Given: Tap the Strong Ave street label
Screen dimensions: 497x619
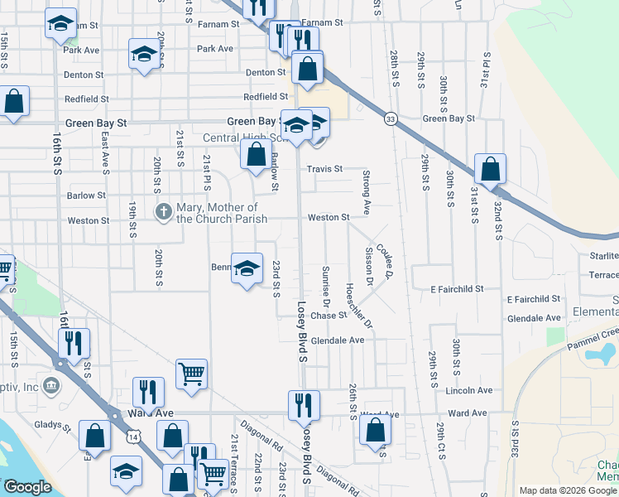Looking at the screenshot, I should pos(365,188).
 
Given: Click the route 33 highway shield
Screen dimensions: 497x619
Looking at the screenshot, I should pos(389,119).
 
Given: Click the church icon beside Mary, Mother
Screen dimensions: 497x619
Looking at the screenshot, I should pos(163,213).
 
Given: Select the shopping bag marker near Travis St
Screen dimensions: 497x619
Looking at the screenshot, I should pos(257,152).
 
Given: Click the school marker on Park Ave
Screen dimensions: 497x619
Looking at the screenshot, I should pos(144,55).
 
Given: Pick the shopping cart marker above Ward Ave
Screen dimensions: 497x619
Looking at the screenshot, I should pos(191,374).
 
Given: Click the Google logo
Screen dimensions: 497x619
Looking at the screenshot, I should pos(27,488).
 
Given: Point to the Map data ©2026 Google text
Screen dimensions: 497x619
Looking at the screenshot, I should pos(568,490).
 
